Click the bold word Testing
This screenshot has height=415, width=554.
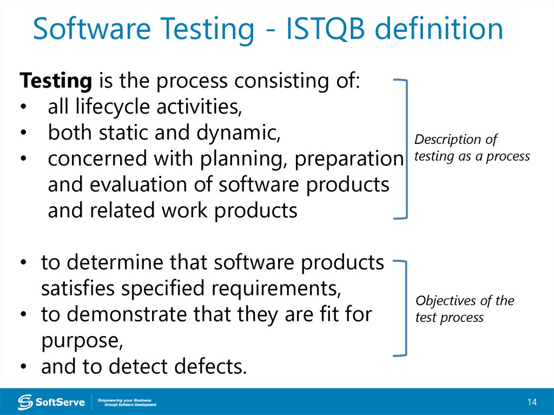[x=55, y=81]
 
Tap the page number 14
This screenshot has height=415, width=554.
[x=532, y=402]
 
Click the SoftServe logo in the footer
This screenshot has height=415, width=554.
[x=51, y=402]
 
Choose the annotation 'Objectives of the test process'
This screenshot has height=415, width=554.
[x=464, y=309]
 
